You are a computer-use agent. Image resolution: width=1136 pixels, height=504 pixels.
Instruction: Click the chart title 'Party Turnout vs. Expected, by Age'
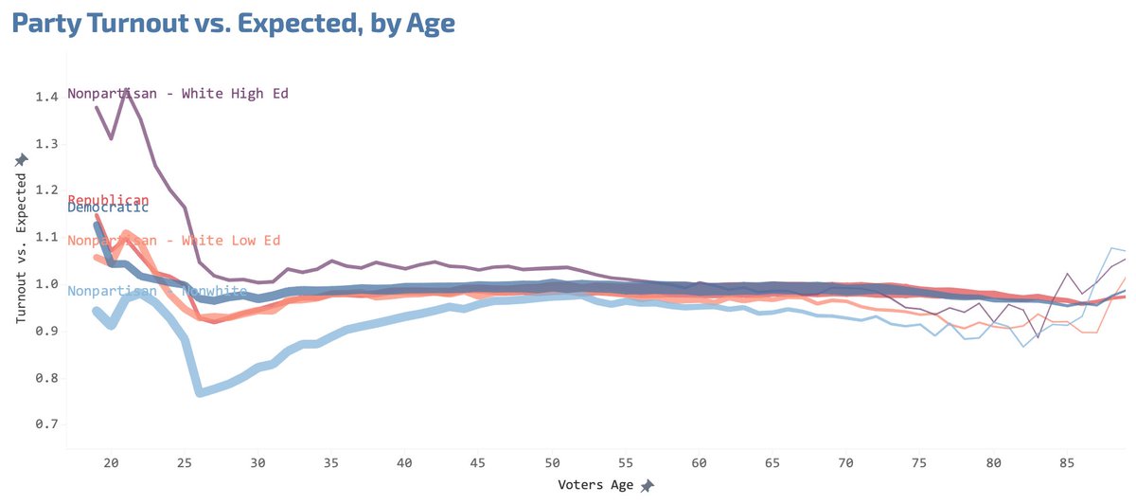pos(233,24)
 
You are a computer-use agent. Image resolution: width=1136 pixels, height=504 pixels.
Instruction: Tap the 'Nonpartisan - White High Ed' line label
pos(178,94)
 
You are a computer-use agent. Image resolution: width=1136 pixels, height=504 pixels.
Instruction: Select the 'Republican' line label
pos(108,200)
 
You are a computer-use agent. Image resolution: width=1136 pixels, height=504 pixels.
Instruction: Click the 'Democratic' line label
pos(108,207)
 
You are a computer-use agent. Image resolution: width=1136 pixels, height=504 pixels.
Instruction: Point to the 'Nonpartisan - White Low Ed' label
pos(173,241)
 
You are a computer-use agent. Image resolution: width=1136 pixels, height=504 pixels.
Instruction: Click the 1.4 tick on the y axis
pos(47,97)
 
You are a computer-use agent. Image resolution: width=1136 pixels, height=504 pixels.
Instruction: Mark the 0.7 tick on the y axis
pos(47,425)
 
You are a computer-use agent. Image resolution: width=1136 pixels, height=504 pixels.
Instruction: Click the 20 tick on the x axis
pos(110,463)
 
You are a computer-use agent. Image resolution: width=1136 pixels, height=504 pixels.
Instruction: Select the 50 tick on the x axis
pos(552,463)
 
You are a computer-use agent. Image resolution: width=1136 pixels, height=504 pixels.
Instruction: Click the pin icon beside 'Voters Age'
pos(648,486)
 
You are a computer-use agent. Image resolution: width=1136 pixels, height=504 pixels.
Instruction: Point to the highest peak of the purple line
pos(127,88)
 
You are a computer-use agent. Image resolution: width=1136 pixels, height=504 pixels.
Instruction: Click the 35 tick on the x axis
pos(331,463)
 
